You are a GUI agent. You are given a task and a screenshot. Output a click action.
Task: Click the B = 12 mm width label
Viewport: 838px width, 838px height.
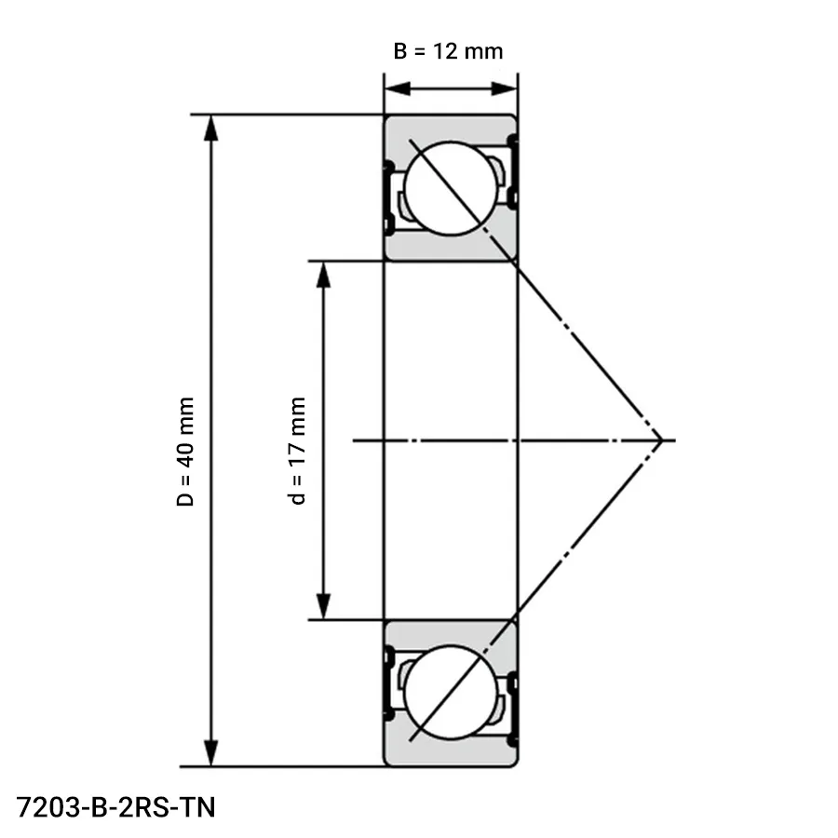coord(448,50)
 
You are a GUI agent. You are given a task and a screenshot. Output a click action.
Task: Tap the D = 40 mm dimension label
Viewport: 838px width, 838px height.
coord(186,452)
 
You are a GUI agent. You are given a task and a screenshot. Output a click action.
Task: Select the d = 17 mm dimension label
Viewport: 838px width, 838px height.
coord(297,451)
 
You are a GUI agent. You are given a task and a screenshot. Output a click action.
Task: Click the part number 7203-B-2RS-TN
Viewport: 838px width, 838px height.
coord(115,806)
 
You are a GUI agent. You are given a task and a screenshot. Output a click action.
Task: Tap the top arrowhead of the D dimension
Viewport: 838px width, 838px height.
coord(211,128)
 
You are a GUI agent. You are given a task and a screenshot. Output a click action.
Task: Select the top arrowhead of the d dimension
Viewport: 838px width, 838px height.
coord(322,274)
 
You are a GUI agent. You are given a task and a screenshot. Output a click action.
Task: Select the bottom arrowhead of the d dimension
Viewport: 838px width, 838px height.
coord(322,606)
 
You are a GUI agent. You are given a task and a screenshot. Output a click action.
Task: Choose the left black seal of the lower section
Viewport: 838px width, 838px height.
coord(388,684)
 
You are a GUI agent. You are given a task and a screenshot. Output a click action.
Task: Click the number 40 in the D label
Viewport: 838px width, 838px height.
coord(186,453)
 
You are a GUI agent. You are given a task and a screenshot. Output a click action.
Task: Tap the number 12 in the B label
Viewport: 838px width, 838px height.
coord(445,50)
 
